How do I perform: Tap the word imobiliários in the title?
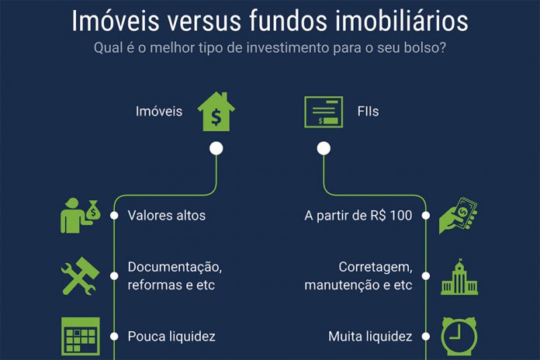[x=395, y=20]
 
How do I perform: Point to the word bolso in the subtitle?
[x=420, y=48]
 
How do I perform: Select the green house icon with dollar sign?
[x=216, y=112]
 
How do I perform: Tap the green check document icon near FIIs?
[x=324, y=112]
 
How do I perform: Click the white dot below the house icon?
[x=216, y=147]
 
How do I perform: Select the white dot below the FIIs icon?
[x=324, y=147]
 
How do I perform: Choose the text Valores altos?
[x=167, y=216]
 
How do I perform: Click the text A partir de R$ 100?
[x=358, y=216]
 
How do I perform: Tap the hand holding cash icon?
[x=458, y=216]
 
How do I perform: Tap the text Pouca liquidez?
[x=171, y=337]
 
